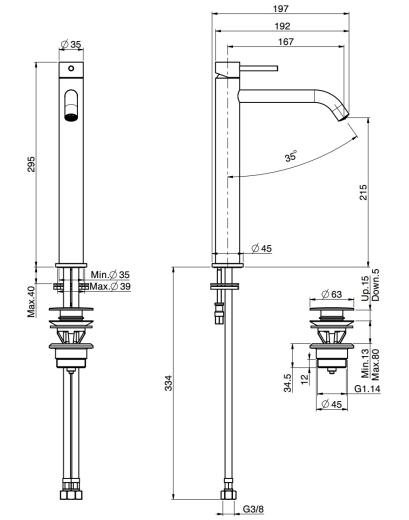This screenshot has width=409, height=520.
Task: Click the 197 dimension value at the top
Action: (281, 9)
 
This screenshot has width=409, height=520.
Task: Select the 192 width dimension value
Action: (283, 26)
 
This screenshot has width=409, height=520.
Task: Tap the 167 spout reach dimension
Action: (286, 42)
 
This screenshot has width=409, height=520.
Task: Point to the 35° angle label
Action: (291, 156)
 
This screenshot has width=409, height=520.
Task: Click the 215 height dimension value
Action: (363, 192)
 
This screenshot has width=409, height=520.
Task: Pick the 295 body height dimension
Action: (31, 164)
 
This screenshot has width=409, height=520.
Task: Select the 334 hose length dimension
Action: (169, 383)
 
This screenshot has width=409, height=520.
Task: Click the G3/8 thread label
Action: (253, 509)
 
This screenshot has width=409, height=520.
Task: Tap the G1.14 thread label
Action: (367, 389)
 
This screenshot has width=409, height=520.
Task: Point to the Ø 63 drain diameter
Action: (331, 294)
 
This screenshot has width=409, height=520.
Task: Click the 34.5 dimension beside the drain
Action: (288, 383)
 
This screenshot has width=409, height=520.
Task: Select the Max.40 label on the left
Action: (31, 301)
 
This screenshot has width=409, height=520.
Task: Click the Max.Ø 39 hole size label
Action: (110, 286)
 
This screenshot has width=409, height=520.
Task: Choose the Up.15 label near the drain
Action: (365, 289)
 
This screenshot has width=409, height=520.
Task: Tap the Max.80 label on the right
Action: (376, 365)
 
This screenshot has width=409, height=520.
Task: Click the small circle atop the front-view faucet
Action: (71, 68)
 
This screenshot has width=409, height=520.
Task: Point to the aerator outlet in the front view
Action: (71, 117)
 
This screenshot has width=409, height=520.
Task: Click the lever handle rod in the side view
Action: (259, 68)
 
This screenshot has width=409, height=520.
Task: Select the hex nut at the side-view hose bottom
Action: (228, 495)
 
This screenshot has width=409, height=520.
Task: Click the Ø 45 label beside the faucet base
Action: (262, 248)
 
